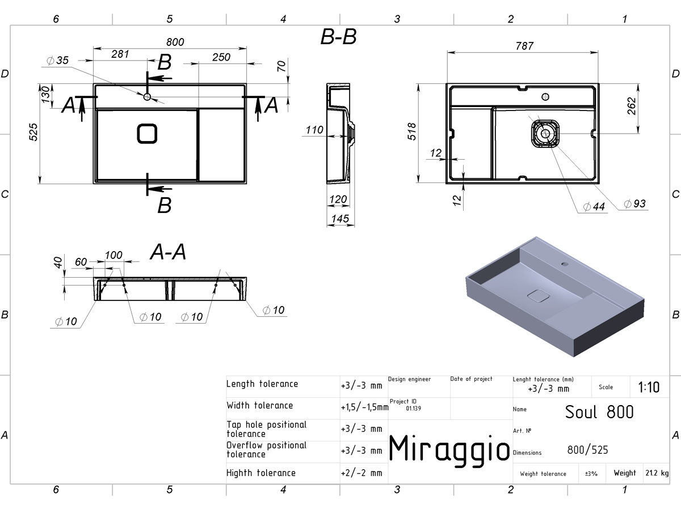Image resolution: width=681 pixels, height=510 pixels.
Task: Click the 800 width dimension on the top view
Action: pyautogui.click(x=175, y=42)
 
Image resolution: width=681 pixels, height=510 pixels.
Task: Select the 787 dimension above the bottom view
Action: pyautogui.click(x=524, y=46)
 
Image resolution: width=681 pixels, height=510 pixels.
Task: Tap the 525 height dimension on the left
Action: pyautogui.click(x=33, y=132)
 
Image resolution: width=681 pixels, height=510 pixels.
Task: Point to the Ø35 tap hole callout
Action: pyautogui.click(x=58, y=61)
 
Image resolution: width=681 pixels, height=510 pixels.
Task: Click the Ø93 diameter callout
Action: pyautogui.click(x=635, y=204)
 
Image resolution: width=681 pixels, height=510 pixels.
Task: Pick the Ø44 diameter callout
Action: pyautogui.click(x=594, y=206)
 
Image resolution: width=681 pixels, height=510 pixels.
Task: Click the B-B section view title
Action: pyautogui.click(x=338, y=37)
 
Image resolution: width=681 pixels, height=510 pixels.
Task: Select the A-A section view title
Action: pyautogui.click(x=168, y=252)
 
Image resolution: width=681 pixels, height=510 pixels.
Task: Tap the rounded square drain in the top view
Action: pyautogui.click(x=147, y=134)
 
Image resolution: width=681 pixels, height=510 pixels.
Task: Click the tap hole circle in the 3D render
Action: pyautogui.click(x=565, y=264)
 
